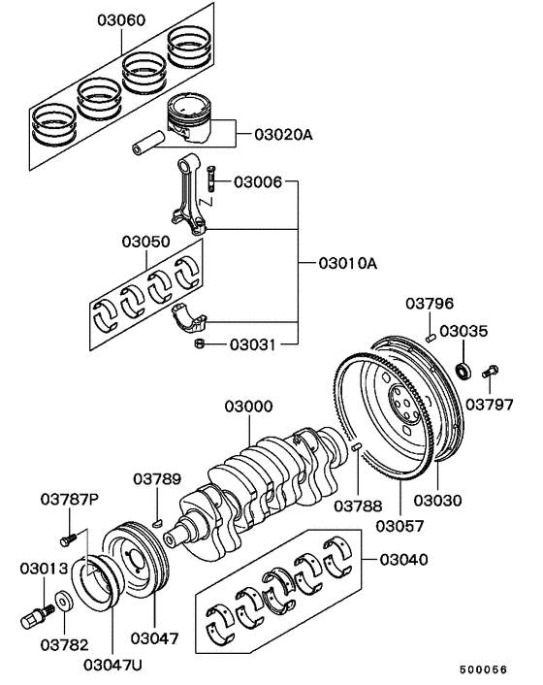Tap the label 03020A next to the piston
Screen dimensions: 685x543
point(283,135)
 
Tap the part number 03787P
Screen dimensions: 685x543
point(70,500)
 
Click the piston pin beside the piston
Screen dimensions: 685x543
point(150,147)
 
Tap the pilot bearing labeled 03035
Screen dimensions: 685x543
point(463,369)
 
